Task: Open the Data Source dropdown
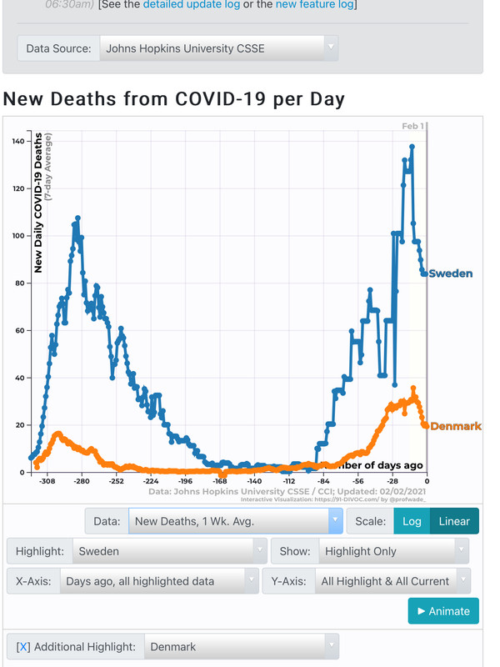218,48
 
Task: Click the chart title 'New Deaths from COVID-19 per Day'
174,99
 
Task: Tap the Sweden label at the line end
451,273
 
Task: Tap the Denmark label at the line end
456,426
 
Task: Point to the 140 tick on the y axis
17,141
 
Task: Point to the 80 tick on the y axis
19,283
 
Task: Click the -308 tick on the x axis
47,481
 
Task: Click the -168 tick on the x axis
220,481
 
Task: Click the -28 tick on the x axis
392,481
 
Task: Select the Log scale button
412,521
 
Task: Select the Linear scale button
454,521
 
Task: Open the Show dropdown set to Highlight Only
392,551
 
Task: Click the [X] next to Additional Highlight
23,647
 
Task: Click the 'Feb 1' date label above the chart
413,126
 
